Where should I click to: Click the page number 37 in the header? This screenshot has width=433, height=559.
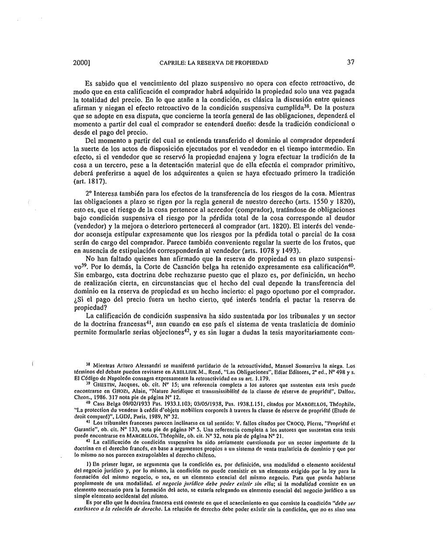pyautogui.click(x=350, y=62)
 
